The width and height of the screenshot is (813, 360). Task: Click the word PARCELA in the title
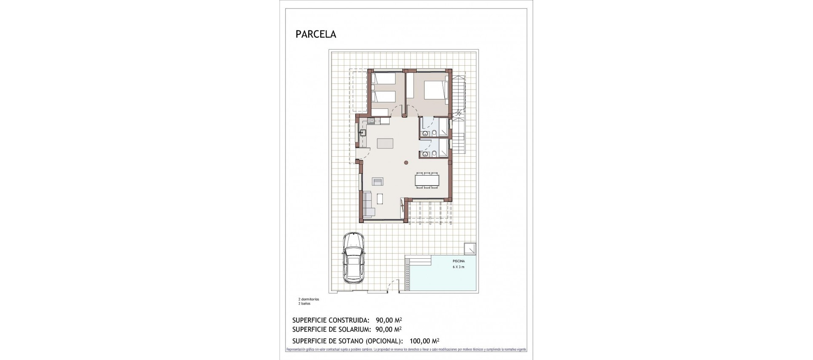316,35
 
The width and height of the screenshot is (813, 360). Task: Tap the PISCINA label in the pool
458,261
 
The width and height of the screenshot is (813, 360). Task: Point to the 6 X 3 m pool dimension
458,267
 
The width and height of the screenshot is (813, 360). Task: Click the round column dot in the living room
406,162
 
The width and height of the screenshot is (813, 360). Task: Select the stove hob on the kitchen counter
75,121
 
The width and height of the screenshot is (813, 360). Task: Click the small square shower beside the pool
470,248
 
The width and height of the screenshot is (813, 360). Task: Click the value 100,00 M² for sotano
424,341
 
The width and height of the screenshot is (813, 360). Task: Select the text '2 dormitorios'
309,299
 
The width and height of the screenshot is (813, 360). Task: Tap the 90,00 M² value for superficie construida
389,320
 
